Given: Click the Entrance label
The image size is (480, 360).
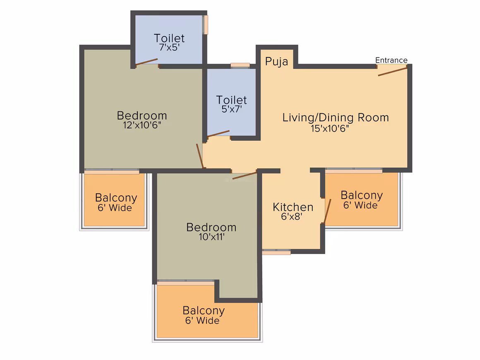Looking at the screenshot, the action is pos(391,60).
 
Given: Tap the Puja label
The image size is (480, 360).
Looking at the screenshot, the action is pos(276,62).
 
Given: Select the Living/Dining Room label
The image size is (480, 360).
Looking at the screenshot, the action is pos(336,118).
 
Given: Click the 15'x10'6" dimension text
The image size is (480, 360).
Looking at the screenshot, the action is pos(330,129).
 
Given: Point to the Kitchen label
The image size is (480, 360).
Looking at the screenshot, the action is pos(293,207).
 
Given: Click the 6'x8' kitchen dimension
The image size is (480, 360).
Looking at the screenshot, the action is pos(292,217).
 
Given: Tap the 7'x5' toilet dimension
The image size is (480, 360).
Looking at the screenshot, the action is pos(169,48).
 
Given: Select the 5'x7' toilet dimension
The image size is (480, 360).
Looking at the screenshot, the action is pos(232,109).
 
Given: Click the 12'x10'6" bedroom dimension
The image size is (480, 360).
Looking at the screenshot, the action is pos(142,125).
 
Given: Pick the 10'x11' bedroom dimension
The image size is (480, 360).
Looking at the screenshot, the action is pos(211,237).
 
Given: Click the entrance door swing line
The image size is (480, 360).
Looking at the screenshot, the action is pos(392,71).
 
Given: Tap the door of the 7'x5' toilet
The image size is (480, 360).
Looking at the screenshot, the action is pos(146,62).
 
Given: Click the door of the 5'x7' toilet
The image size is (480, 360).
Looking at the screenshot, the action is pos(218,134).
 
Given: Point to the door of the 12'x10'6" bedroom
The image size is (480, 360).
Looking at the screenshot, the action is pos(199,156).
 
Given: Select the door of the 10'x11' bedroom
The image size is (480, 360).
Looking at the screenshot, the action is pos(244,176).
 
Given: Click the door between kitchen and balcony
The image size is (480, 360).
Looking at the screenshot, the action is pos(328,211).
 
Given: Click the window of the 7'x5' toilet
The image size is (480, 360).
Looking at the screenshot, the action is pos(206,24).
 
